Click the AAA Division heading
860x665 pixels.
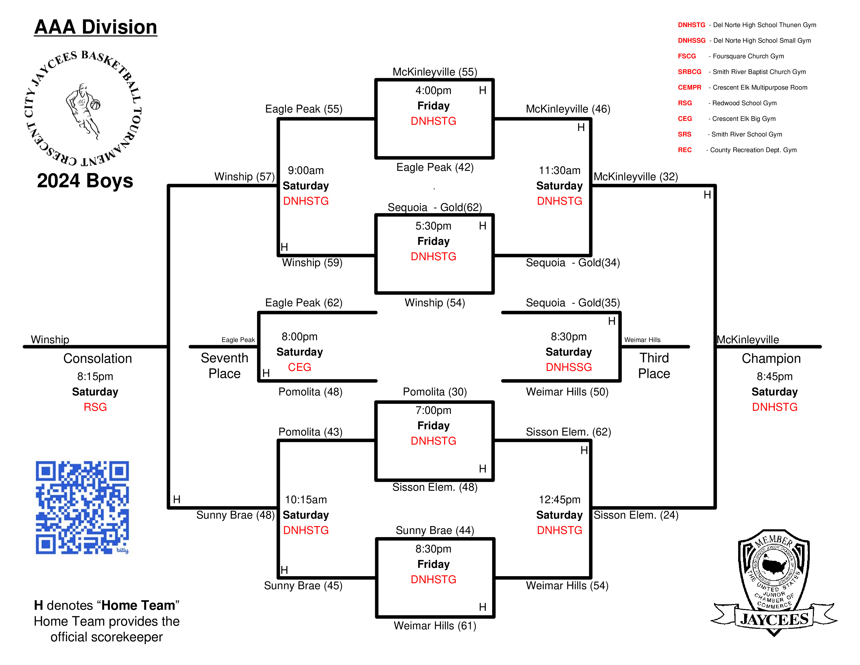point(96,27)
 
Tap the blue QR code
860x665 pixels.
point(82,507)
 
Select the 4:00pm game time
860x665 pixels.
point(433,91)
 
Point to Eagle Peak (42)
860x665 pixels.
point(435,167)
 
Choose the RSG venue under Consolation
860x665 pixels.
point(95,407)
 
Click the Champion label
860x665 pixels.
point(771,358)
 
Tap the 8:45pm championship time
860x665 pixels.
point(775,377)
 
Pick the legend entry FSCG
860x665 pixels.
point(687,56)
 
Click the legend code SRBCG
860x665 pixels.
point(689,72)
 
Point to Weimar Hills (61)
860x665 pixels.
point(435,626)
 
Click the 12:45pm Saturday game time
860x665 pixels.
point(560,500)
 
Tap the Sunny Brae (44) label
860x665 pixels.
point(435,530)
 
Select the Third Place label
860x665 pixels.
point(654,366)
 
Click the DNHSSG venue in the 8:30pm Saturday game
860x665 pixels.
point(569,367)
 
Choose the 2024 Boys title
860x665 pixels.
point(85,181)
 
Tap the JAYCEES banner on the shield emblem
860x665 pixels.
point(774,620)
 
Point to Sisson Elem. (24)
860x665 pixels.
point(636,515)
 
